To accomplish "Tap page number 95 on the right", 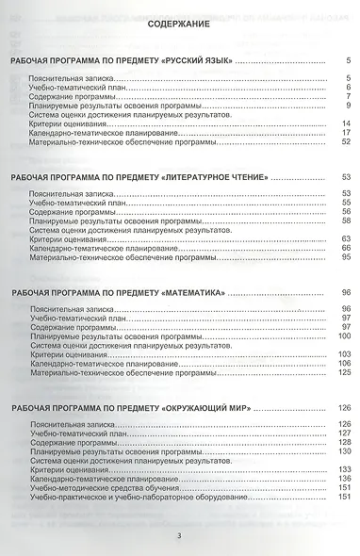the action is (x=346, y=257).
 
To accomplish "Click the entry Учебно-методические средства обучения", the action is (x=105, y=487).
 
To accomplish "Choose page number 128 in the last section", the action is (x=344, y=442).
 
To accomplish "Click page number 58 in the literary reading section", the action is (x=346, y=221).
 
